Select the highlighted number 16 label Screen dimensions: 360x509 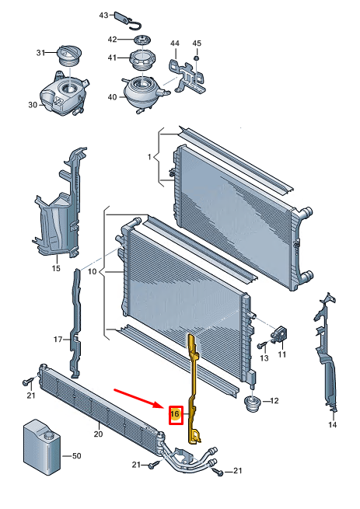coord(176,414)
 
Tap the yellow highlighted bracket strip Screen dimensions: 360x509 coord(194,388)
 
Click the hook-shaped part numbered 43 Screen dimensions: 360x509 coord(128,19)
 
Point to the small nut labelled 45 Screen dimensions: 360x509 coord(196,58)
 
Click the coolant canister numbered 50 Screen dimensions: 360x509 coord(42,448)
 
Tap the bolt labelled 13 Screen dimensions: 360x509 coord(262,345)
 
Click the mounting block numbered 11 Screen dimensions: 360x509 coord(279,335)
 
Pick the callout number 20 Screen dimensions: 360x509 coord(99,434)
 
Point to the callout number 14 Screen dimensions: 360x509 coord(332,424)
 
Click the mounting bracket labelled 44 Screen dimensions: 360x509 coord(187,76)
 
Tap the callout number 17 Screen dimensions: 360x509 coord(58,340)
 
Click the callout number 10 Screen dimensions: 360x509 coord(93,271)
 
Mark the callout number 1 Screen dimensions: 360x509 coord(149,157)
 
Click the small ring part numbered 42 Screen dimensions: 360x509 coord(142,40)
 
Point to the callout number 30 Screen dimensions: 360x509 coord(33,105)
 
